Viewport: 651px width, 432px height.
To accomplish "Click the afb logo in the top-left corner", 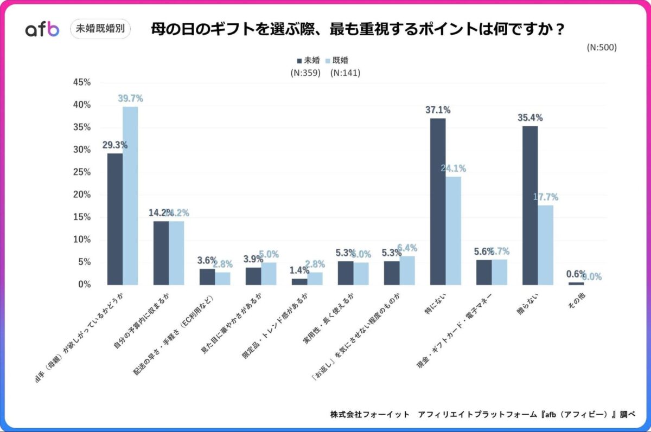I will tap(42, 29).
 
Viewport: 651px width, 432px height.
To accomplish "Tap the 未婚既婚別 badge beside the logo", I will tap(100, 29).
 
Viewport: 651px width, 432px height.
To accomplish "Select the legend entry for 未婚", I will tap(308, 60).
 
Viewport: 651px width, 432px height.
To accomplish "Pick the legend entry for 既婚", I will tap(343, 60).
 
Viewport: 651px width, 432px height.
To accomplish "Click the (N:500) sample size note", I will tap(602, 47).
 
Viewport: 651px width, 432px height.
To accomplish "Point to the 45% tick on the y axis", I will tap(81, 82).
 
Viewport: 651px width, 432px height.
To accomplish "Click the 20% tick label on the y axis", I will tap(81, 195).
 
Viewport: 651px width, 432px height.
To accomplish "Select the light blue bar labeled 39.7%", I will tap(130, 195).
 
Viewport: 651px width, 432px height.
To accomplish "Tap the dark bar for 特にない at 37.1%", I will tap(438, 201).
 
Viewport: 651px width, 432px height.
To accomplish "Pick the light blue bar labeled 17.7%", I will tap(545, 244).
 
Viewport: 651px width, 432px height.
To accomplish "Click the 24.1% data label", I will tap(453, 169).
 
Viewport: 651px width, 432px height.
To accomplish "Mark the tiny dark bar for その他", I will tap(576, 283).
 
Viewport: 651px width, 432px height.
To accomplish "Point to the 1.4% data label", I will tap(299, 269).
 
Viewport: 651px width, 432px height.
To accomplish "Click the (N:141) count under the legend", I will tap(345, 73).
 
